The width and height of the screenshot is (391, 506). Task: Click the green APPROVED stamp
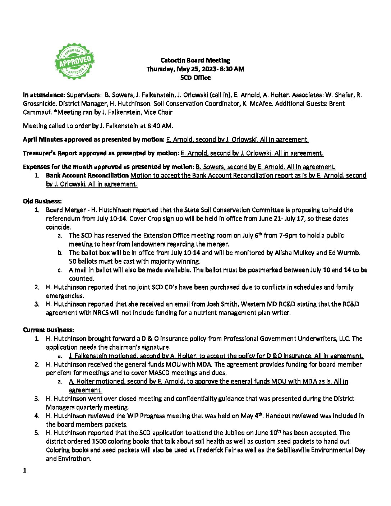(x=74, y=61)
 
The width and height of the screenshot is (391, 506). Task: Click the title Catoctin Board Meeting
(x=195, y=60)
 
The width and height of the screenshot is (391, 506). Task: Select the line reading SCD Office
(x=195, y=78)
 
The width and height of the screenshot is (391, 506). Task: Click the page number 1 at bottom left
(x=24, y=470)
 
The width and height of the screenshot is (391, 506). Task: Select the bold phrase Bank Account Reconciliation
(x=87, y=176)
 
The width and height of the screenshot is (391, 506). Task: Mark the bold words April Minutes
(x=43, y=139)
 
